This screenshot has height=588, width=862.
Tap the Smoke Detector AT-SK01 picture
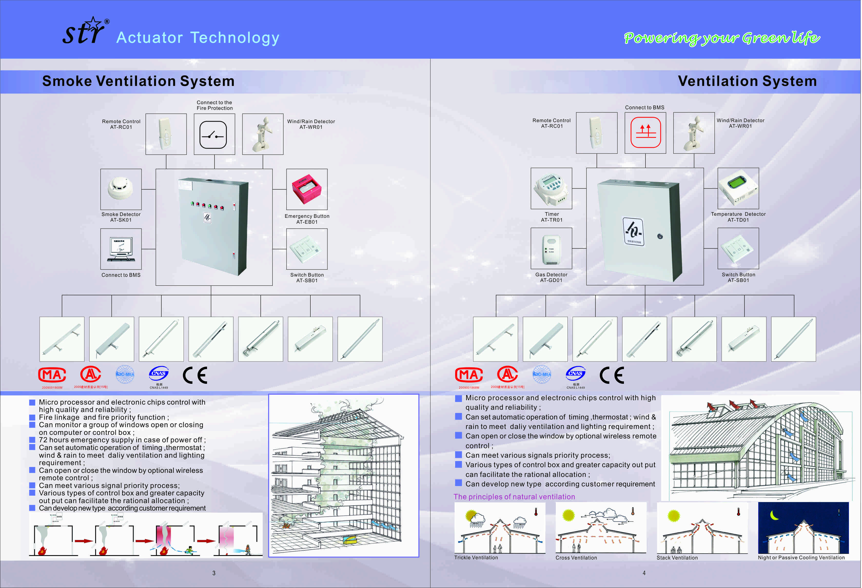(121, 189)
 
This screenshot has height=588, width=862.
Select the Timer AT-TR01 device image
(551, 188)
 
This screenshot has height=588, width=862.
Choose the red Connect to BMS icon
(645, 132)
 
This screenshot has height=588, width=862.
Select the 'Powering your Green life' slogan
(722, 38)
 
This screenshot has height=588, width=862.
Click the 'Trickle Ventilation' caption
(476, 557)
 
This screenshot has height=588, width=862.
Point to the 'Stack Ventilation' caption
(677, 557)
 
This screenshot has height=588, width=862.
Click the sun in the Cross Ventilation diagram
(568, 515)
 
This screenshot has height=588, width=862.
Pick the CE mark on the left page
(195, 375)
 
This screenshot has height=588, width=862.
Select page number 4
(644, 573)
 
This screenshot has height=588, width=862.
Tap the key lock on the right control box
(660, 236)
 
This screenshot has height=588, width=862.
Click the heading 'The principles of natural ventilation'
(514, 497)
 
